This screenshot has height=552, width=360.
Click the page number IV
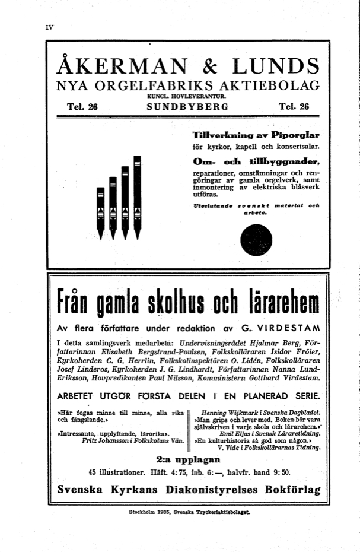click(50, 27)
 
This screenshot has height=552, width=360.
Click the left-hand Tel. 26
click(84, 107)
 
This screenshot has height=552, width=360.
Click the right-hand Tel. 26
click(294, 107)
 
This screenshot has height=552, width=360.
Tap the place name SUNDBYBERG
click(187, 107)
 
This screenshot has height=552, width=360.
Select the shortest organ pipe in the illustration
click(100, 211)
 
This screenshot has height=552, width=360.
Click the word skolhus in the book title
click(171, 304)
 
